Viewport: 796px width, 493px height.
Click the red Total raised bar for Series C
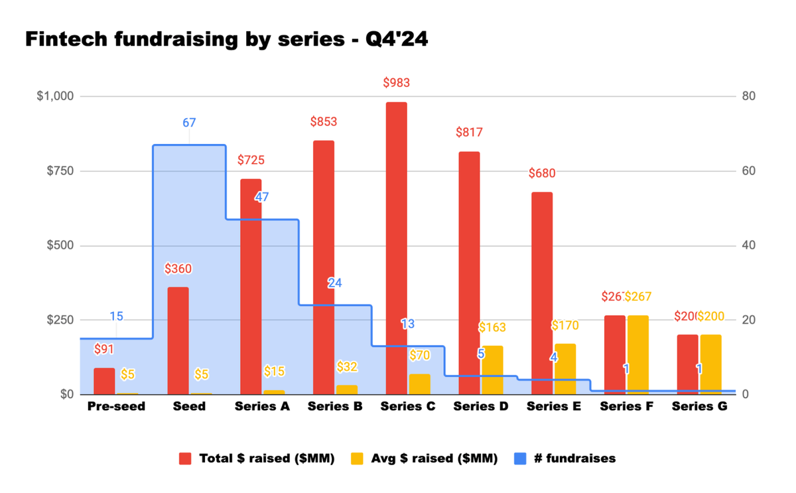click(396, 249)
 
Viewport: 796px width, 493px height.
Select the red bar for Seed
click(178, 341)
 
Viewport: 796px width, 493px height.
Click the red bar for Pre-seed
click(104, 382)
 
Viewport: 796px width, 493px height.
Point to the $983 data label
click(396, 83)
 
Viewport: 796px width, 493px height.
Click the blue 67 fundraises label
click(189, 122)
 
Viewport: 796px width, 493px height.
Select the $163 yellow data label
click(492, 327)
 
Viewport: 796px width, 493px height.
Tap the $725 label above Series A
click(251, 160)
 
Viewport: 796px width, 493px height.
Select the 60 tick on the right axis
click(750, 171)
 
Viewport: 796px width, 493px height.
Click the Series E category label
click(554, 407)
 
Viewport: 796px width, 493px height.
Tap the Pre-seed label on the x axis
click(116, 407)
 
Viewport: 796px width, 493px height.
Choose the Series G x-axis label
click(699, 407)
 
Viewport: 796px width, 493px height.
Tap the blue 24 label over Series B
click(335, 283)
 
